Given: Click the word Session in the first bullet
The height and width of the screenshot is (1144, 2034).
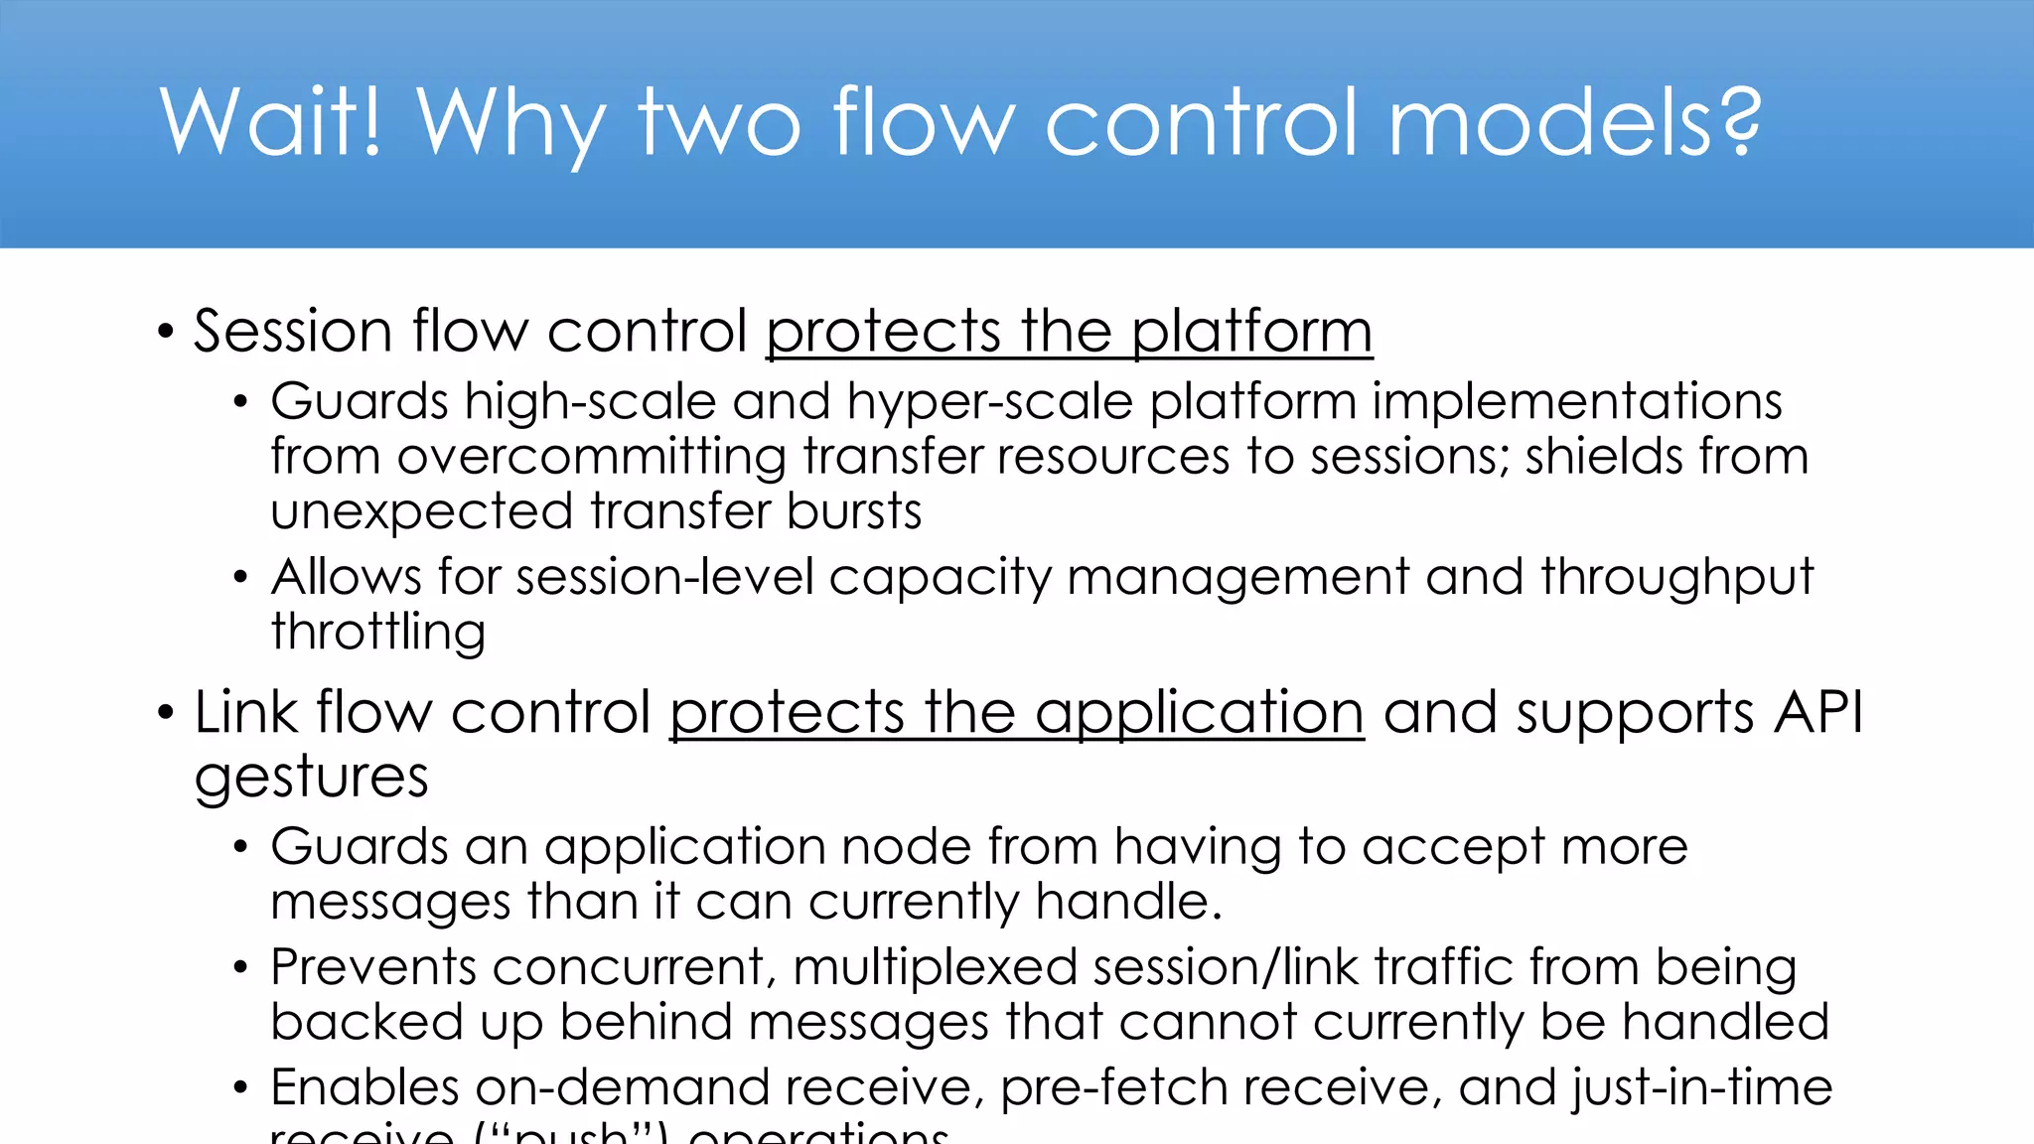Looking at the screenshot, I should pyautogui.click(x=293, y=331).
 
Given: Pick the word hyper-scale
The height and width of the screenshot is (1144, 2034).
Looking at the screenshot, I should pyautogui.click(x=990, y=403).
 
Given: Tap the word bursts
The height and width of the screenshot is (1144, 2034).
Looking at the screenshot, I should pyautogui.click(x=854, y=511).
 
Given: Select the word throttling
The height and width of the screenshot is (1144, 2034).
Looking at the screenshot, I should pyautogui.click(x=378, y=633).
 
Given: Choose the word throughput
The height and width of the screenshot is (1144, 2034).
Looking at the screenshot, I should pyautogui.click(x=1677, y=578).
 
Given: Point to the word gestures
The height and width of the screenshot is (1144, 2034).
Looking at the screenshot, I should pyautogui.click(x=311, y=777).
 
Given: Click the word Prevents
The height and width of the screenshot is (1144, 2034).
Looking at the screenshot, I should pyautogui.click(x=373, y=967).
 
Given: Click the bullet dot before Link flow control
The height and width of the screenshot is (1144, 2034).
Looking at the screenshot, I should pyautogui.click(x=166, y=713).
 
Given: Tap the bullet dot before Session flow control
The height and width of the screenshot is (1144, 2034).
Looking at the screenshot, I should pyautogui.click(x=166, y=332).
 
